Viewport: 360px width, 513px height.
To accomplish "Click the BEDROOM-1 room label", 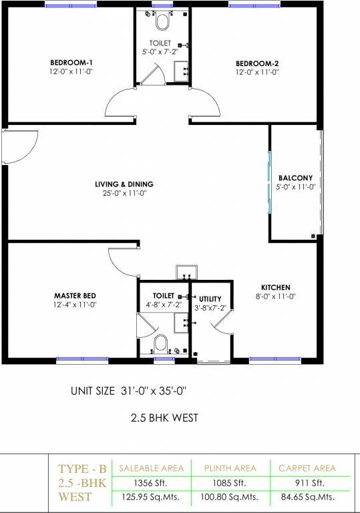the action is point(71,63).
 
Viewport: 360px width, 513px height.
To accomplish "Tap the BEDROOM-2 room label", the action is point(257,63).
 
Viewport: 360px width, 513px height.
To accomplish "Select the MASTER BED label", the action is point(75,296).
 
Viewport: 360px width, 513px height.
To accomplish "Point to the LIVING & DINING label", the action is point(124,184).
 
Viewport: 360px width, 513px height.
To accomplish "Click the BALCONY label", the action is point(295,178).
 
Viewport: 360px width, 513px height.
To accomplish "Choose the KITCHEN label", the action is point(276,288).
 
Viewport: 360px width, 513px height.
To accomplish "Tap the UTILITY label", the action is point(210,299).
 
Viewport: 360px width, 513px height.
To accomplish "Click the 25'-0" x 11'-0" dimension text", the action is point(125,193).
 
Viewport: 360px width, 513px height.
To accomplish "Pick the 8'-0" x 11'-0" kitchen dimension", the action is point(276,297).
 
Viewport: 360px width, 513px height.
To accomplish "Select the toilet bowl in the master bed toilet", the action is point(161,343).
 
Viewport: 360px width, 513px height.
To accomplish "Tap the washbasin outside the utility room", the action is point(187,273).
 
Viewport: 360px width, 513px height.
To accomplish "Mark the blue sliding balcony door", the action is point(270,182).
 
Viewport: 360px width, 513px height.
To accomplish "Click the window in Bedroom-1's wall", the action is point(71,5).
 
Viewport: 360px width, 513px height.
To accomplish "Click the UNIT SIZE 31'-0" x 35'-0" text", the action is point(129,391).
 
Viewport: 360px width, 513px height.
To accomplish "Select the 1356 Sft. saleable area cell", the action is point(150,483).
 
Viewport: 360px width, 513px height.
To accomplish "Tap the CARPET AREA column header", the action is point(307,468).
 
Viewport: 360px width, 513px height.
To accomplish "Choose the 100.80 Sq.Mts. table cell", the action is point(229,497).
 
